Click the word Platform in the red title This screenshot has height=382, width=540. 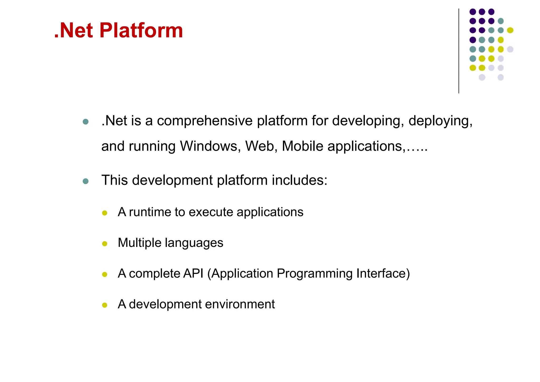(141, 31)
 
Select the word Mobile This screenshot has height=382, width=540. (302, 146)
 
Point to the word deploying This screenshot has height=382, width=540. (440, 121)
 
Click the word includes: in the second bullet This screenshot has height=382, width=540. (299, 180)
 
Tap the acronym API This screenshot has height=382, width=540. (193, 273)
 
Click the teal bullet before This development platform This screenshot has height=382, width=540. (85, 181)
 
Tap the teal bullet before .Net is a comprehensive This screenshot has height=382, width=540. (85, 122)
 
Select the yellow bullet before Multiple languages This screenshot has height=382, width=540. (105, 244)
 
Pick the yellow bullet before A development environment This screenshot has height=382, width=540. (105, 305)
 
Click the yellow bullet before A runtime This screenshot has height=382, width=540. (105, 213)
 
